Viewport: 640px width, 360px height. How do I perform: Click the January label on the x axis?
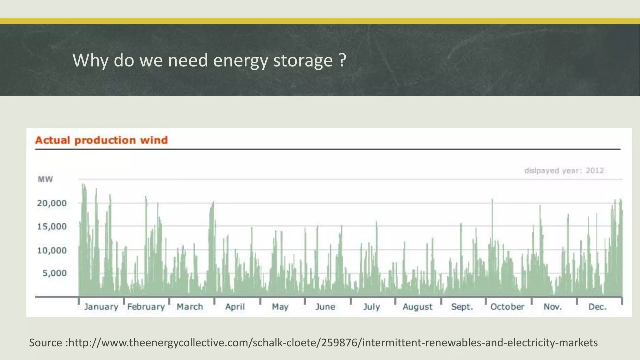point(101,307)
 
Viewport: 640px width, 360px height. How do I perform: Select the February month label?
point(146,307)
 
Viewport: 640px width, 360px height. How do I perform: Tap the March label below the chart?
point(190,307)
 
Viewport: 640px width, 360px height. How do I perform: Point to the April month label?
point(235,307)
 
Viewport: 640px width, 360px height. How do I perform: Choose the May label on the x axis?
point(280,307)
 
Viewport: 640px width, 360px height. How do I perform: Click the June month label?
point(325,307)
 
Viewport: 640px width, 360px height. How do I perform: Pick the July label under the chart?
point(372,307)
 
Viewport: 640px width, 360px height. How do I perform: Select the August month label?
point(417,307)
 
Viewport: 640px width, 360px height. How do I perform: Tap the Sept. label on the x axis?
point(462,307)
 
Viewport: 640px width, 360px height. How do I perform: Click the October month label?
point(507,307)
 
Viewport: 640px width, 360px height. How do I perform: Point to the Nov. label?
point(553,307)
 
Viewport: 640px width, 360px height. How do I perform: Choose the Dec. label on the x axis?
point(597,307)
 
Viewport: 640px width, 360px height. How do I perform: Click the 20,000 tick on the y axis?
point(52,203)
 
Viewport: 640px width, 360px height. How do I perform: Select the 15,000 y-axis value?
point(52,227)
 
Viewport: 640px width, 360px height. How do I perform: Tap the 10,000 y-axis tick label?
point(52,250)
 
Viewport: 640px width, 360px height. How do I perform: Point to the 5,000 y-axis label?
point(55,273)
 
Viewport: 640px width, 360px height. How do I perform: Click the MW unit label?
point(45,179)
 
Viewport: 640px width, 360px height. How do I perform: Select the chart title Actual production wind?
point(102,140)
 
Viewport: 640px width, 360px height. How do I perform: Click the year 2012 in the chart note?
point(595,171)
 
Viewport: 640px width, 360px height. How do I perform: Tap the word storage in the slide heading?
point(303,60)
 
